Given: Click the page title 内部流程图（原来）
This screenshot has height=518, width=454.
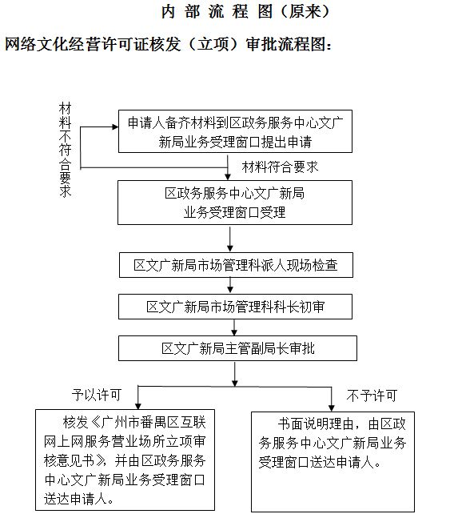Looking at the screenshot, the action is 245,12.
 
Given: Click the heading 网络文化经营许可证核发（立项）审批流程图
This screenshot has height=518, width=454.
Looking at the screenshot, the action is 168,43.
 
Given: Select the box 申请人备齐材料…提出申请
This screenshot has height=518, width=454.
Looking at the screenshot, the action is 235,131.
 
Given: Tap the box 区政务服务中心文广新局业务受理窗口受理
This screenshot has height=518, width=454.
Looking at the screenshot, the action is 235,203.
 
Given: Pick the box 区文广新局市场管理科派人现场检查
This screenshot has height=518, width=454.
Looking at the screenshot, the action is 236,265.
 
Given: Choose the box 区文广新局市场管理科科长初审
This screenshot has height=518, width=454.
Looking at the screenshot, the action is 235,307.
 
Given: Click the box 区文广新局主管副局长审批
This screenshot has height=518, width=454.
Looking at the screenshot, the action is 237,348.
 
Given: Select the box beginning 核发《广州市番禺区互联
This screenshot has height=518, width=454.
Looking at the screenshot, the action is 125,460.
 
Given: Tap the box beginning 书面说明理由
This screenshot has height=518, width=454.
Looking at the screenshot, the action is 333,461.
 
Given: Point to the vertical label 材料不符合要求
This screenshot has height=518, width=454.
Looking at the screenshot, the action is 65,150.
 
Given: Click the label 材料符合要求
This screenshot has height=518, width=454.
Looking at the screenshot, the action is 280,167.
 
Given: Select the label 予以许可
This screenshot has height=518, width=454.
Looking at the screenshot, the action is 97,395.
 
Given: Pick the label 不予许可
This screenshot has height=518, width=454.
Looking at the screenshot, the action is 372,396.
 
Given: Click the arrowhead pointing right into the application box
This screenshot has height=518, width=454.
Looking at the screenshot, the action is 115,126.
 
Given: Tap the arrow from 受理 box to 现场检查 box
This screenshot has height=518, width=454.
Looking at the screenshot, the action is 230,239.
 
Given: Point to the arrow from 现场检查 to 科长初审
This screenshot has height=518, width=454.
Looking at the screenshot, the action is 230,285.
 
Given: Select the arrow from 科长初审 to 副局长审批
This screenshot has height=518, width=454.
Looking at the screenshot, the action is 234,327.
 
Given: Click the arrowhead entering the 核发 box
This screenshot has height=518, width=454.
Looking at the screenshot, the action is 138,407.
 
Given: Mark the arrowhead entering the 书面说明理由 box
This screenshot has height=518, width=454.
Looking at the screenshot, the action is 332,408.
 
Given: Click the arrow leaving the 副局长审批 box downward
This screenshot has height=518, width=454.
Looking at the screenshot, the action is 235,375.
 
